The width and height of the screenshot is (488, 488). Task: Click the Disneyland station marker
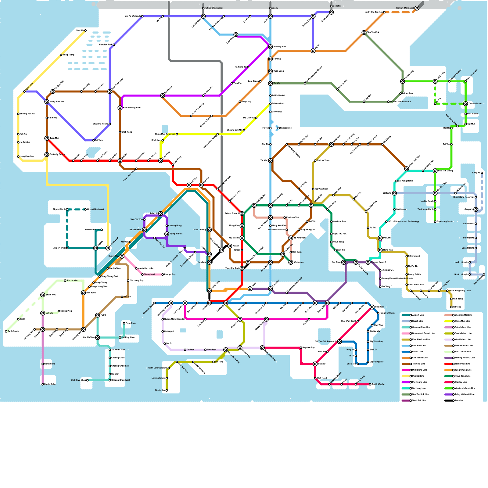click(142, 274)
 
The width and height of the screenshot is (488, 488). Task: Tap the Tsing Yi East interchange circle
click(167, 234)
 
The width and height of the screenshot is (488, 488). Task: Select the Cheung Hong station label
click(175, 226)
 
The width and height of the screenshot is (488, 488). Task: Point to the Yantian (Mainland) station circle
click(417, 8)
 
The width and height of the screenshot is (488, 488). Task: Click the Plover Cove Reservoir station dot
click(388, 102)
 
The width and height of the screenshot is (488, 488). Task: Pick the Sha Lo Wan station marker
click(65, 281)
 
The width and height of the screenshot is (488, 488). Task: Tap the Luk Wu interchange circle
click(43, 313)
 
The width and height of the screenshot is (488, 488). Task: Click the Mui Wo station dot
click(122, 297)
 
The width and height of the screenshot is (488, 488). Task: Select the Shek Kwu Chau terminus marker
click(87, 380)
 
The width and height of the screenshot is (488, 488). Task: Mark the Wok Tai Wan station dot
click(144, 220)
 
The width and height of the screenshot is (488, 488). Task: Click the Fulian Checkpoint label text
click(213, 8)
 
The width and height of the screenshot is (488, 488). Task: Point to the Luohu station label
click(275, 8)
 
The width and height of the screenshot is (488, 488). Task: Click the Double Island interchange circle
click(465, 104)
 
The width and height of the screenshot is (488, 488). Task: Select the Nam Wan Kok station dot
click(155, 238)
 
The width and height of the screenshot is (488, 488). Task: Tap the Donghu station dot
click(331, 6)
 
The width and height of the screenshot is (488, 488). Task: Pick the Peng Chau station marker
click(124, 323)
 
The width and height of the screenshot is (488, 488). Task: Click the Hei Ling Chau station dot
click(120, 338)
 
